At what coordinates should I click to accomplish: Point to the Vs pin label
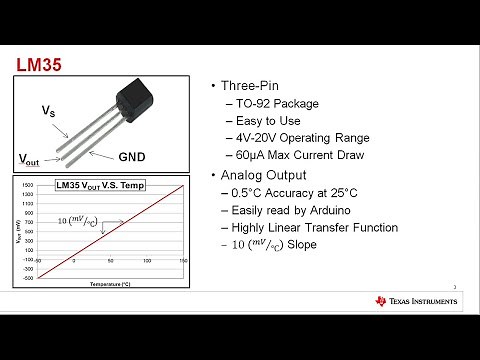(47, 111)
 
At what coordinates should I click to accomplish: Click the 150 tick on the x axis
(183, 261)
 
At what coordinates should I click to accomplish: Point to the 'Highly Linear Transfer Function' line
(321, 228)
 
